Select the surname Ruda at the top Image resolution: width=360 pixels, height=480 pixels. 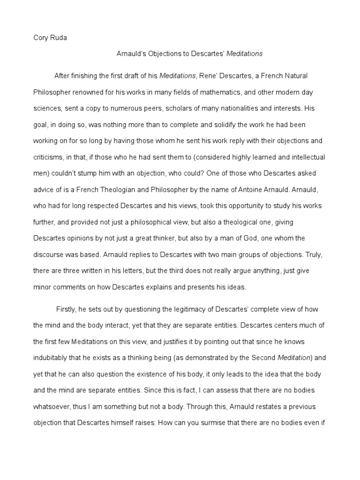59,38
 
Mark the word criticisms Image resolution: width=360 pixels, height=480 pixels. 49,157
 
